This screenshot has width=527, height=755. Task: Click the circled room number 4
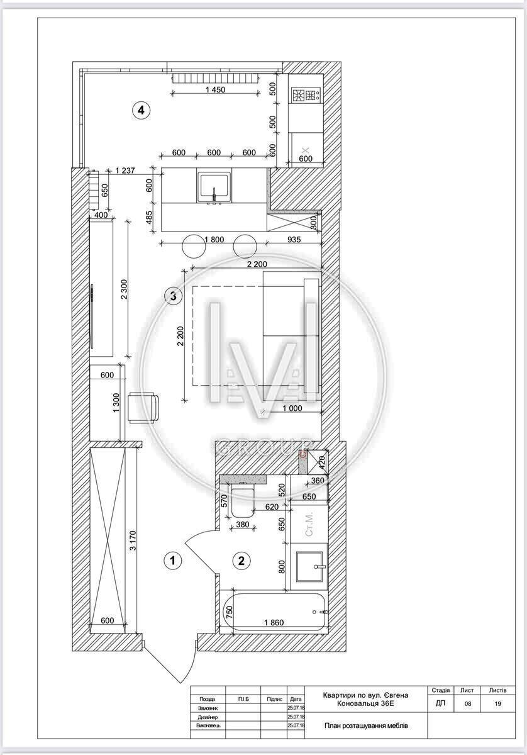(x=141, y=110)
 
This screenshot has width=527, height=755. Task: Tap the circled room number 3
(x=173, y=296)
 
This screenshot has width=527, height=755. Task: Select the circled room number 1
(x=172, y=560)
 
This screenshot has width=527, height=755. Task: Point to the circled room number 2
(x=241, y=560)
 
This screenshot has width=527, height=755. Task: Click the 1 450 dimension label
(x=215, y=89)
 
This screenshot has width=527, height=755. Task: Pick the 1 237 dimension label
(x=125, y=171)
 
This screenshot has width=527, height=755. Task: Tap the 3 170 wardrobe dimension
(x=133, y=540)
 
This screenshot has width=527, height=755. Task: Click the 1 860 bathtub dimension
(x=274, y=622)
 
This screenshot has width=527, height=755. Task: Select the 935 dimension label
(x=294, y=240)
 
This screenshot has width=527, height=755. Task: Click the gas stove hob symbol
(x=306, y=95)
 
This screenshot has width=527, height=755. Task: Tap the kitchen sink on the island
(x=214, y=187)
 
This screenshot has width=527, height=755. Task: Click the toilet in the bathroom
(x=243, y=500)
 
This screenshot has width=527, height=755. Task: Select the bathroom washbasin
(x=309, y=566)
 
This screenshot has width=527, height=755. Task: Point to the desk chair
(x=143, y=407)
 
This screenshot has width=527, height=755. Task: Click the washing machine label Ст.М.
(x=309, y=523)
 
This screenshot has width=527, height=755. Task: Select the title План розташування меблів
(x=366, y=725)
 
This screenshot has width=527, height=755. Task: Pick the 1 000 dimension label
(x=292, y=408)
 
